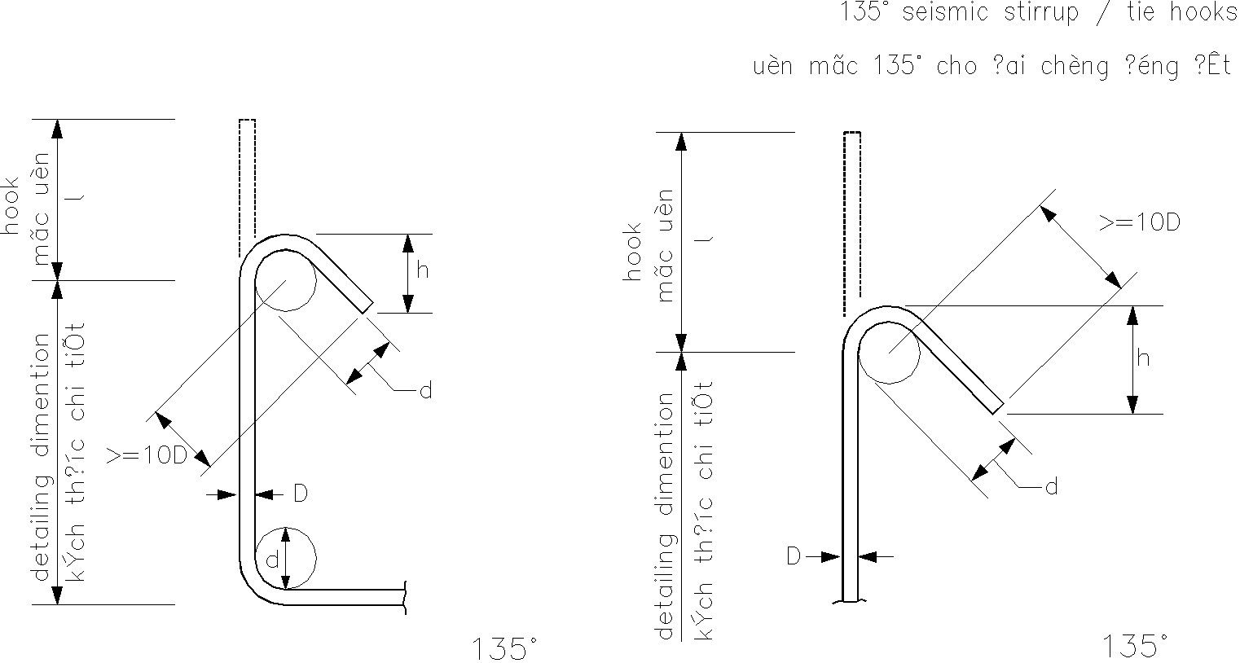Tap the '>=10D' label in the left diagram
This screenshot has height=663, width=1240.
point(147,456)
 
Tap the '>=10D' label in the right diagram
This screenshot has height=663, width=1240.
point(1140,222)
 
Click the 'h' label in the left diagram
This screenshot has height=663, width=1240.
point(422,271)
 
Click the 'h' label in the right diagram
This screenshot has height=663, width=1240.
point(1144,358)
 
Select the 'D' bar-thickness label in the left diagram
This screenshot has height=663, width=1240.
point(300,494)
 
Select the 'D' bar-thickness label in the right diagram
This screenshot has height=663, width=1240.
point(794,556)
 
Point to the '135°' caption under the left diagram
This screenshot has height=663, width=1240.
point(505,649)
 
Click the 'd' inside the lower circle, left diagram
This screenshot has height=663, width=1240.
point(272,560)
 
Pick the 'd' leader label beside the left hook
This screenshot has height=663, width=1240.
point(424,392)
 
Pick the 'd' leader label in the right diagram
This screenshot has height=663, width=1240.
point(1051,487)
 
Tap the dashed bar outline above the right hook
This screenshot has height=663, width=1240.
point(852,220)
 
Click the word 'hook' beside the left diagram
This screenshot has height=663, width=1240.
point(12,205)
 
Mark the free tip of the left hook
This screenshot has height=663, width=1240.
point(367,307)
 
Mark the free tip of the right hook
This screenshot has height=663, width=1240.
point(997,408)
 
